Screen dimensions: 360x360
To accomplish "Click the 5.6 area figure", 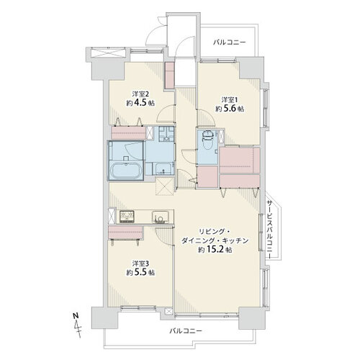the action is tap(230, 109).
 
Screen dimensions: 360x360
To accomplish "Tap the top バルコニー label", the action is tap(230, 42).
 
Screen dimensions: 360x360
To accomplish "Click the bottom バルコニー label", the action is tap(186, 331).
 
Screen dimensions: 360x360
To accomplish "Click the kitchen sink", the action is tap(158, 217).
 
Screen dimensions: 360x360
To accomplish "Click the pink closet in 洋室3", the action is tap(125, 233).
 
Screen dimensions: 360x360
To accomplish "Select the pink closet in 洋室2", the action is tap(129, 132).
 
